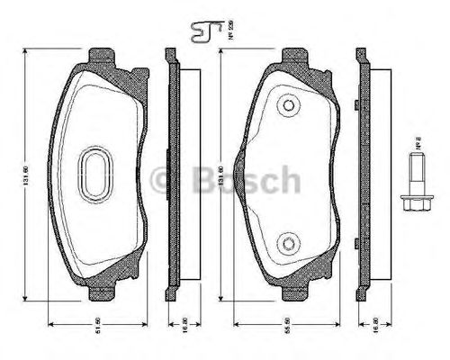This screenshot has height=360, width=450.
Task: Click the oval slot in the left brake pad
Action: pos(95,171)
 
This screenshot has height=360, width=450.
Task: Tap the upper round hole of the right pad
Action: pos(288,106)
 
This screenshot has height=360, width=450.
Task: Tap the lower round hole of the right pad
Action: pos(288,242)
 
